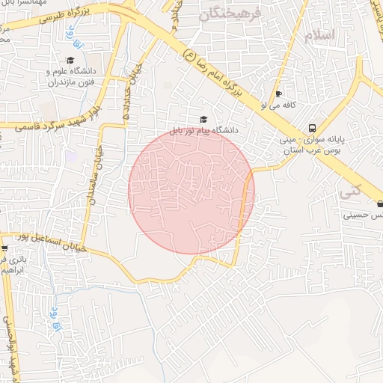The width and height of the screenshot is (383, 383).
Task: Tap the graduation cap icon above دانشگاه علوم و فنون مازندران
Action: coord(70,61)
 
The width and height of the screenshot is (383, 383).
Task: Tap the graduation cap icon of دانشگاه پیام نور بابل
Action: coord(204,119)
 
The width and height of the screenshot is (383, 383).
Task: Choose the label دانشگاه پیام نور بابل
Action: coord(203,130)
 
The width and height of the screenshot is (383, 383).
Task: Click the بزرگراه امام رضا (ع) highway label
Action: coord(216,73)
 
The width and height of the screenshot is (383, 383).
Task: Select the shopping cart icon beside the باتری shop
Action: coord(5,248)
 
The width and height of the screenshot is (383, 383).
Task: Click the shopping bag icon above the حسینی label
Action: coord(379,203)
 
